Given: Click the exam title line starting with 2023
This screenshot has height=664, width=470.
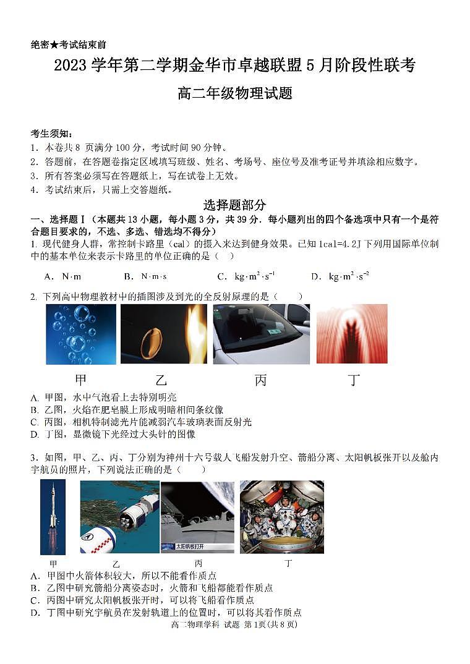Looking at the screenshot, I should [234, 66].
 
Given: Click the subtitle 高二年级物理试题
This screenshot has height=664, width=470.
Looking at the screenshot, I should [234, 94].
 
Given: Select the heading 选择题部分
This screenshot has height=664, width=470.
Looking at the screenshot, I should [234, 205].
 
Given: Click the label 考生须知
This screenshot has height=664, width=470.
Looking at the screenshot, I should [52, 134].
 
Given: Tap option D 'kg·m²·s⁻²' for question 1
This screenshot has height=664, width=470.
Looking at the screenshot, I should [340, 276].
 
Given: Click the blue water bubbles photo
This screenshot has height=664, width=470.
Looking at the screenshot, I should [80, 334].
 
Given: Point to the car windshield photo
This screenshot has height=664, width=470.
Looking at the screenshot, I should [261, 334].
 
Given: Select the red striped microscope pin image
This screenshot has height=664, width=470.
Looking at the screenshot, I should [352, 334].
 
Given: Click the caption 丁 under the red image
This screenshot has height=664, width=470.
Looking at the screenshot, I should [354, 380].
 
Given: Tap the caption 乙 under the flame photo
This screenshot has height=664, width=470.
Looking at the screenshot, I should [161, 380].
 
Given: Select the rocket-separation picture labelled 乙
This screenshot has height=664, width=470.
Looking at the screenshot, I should [119, 516].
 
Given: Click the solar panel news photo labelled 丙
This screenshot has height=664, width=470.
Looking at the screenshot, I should [197, 516].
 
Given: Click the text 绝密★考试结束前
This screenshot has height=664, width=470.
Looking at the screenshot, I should [68, 45].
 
